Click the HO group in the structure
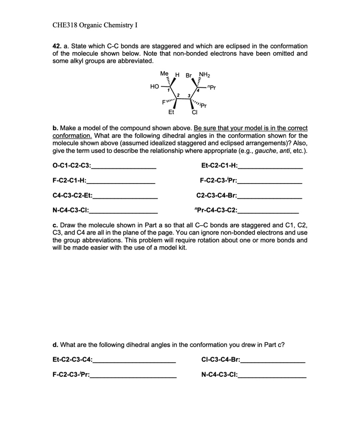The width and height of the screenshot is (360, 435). click(155, 86)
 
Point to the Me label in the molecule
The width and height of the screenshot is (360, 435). click(164, 73)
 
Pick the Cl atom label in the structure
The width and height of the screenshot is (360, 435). click(195, 113)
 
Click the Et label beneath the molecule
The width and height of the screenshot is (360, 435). click(171, 113)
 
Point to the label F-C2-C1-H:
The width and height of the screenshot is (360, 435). click(69, 180)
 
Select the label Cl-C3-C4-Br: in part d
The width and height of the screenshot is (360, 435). click(220, 360)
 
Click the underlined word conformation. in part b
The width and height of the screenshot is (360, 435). click(72, 136)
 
